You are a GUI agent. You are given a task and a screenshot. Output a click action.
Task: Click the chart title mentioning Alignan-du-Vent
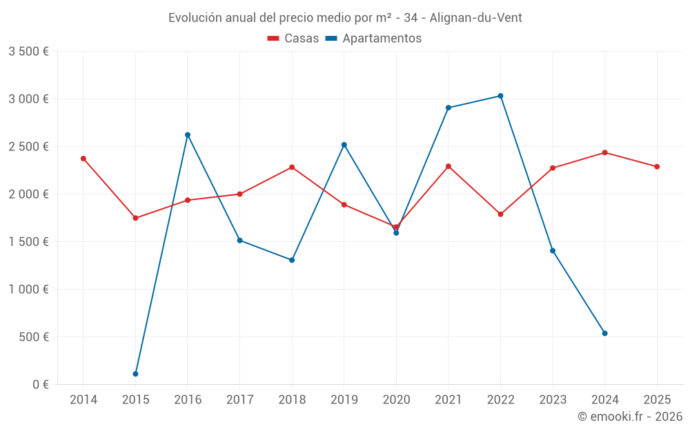click(345, 17)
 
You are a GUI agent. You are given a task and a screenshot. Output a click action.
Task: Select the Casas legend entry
click(293, 39)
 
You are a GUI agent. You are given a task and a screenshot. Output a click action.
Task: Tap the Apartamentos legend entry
click(373, 39)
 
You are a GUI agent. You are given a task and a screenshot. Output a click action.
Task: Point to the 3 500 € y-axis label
click(28, 51)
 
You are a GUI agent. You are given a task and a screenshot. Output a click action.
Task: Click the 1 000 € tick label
click(28, 289)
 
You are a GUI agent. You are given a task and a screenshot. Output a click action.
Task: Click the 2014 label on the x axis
click(83, 399)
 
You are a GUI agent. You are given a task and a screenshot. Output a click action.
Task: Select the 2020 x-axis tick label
click(396, 399)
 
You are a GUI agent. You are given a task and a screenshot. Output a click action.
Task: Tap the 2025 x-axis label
click(657, 399)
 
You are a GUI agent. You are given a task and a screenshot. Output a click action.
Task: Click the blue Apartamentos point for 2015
click(135, 374)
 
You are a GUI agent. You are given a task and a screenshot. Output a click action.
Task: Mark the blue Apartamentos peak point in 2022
click(500, 96)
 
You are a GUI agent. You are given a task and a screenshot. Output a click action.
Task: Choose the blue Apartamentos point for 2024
click(604, 333)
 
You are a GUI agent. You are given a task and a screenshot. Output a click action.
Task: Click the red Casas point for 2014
click(83, 159)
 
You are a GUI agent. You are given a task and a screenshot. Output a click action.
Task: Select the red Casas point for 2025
click(657, 166)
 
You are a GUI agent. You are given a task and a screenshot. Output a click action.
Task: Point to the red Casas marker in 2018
click(292, 167)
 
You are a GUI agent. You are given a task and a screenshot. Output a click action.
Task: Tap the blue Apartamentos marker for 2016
click(188, 135)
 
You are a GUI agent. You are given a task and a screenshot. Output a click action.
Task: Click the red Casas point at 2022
click(500, 214)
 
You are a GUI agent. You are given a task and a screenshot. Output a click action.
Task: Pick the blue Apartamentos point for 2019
click(344, 145)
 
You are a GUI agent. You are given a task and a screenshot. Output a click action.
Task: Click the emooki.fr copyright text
click(630, 417)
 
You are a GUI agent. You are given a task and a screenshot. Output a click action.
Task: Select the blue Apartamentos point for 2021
click(448, 108)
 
